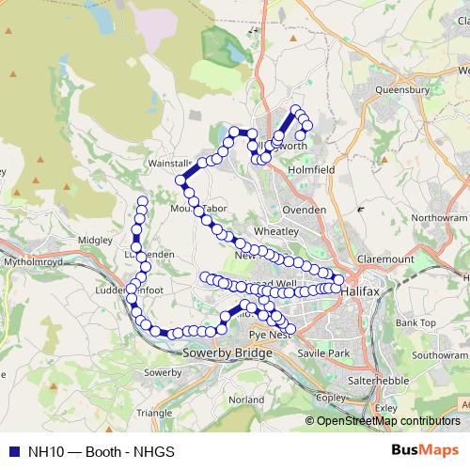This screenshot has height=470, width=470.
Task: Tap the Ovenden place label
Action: point(304,209)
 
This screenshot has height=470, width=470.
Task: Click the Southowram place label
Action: point(438,356)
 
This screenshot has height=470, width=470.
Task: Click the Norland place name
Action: point(246,399)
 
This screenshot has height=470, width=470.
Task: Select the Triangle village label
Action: point(154,413)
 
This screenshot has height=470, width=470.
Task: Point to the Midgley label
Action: point(94,241)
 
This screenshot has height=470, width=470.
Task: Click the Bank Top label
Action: point(415,322)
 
